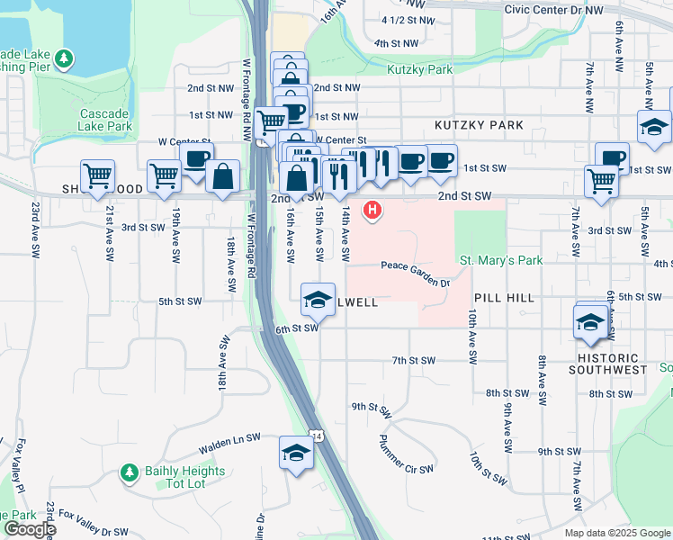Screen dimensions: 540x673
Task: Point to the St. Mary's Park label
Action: click(501, 261)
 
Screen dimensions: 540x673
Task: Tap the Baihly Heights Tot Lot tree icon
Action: click(129, 472)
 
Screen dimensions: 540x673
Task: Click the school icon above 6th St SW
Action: click(317, 301)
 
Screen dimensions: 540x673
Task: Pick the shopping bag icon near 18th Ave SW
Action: click(222, 176)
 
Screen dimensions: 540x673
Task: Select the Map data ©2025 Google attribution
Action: click(616, 533)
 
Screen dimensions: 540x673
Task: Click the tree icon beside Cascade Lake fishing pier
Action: click(63, 59)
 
